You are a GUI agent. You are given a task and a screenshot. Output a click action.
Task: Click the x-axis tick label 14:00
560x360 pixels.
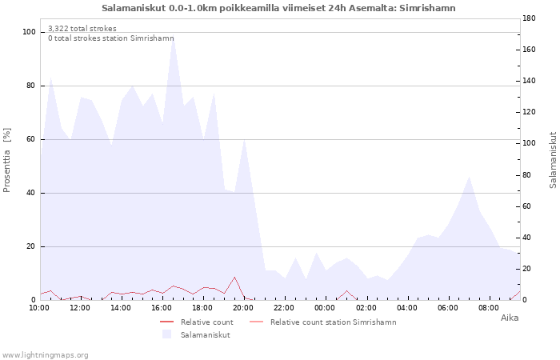tap(121, 308)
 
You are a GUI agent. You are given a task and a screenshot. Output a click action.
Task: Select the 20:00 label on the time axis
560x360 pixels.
tap(243, 308)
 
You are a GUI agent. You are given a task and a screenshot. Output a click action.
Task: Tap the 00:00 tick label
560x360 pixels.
tap(325, 308)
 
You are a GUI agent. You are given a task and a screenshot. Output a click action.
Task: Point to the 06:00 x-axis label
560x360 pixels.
tap(447, 308)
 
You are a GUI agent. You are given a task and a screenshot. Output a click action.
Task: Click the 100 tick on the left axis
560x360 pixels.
tap(30, 32)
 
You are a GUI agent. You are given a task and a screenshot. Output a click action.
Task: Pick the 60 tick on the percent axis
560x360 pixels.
tap(31, 139)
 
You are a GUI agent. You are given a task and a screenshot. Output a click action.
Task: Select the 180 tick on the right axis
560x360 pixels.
tap(530, 18)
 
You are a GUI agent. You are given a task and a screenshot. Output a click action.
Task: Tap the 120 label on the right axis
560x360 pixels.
tap(530, 112)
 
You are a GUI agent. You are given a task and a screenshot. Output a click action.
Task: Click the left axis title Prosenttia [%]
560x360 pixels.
tap(6, 160)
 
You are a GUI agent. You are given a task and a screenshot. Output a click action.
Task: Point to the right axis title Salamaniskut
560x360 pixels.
tap(553, 160)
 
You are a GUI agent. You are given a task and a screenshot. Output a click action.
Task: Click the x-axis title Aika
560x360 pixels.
tap(510, 318)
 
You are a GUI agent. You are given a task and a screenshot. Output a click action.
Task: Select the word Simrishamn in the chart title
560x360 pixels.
tap(427, 8)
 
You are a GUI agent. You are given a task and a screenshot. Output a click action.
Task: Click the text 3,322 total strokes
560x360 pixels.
tap(82, 29)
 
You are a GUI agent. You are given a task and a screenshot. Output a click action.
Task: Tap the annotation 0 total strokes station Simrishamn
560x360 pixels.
tap(111, 38)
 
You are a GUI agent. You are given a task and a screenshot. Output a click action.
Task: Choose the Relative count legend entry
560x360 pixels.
tap(197, 322)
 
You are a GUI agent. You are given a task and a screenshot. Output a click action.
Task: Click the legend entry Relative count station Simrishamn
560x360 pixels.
tap(323, 322)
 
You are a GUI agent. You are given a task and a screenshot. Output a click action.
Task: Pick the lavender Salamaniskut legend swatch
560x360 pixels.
tap(166, 334)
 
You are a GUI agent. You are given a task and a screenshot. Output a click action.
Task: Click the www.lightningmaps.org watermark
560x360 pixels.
tap(44, 355)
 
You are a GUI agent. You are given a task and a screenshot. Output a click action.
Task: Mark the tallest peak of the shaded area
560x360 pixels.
tap(174, 37)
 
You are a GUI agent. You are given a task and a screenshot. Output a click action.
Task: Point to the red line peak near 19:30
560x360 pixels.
tap(234, 277)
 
